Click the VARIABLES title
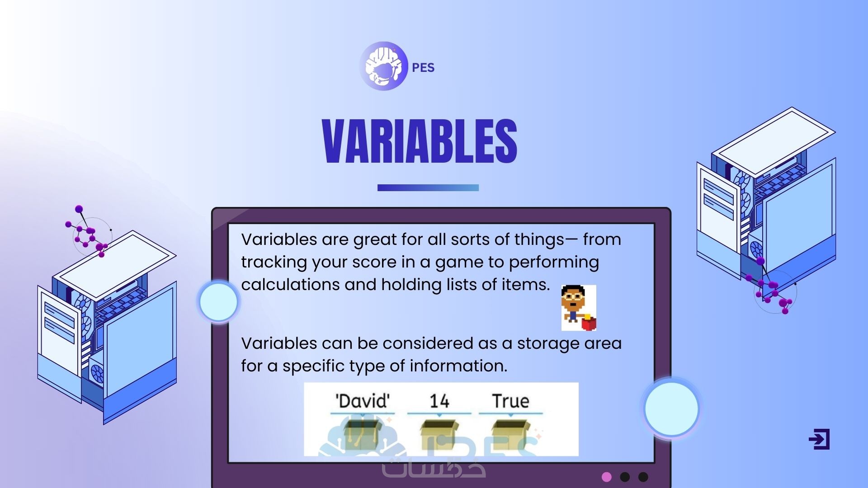pos(420,141)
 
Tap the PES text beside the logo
pos(423,68)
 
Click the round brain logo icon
pos(383,66)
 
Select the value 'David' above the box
pos(362,401)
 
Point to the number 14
pos(439,401)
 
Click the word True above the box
pos(510,401)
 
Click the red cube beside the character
pos(589,323)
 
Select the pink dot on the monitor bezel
pos(607,477)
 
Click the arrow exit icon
pos(819,439)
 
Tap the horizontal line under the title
pos(428,188)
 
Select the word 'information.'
pos(458,366)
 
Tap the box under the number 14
pos(439,434)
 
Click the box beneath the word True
pos(510,434)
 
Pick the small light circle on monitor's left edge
pos(219,302)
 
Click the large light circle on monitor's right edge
pos(671,408)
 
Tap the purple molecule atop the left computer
pos(87,232)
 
